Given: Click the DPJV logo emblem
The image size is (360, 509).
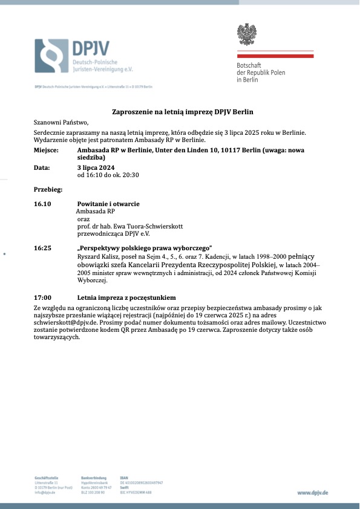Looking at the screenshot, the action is click(x=51, y=56).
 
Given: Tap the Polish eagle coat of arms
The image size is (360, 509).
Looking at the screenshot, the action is click(x=247, y=36).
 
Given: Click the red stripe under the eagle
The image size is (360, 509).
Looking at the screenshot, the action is click(x=274, y=56).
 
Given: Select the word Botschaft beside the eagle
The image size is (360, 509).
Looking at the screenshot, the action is click(x=249, y=65).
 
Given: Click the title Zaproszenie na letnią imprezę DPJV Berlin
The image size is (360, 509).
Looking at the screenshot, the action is click(x=182, y=112).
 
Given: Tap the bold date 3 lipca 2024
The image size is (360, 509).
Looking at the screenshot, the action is click(x=100, y=167).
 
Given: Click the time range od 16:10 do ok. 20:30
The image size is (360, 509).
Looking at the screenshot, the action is click(x=108, y=175).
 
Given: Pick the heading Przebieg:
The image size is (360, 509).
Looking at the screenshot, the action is click(x=48, y=190).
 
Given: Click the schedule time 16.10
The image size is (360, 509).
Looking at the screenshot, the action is click(x=42, y=204).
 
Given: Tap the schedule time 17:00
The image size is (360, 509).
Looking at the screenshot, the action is click(x=42, y=298).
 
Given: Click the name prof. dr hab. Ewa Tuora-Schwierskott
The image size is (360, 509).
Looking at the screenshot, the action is click(x=130, y=226).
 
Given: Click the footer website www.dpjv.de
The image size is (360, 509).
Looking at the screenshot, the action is click(x=313, y=493).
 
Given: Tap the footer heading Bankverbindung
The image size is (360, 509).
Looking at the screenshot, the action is click(x=93, y=478).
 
